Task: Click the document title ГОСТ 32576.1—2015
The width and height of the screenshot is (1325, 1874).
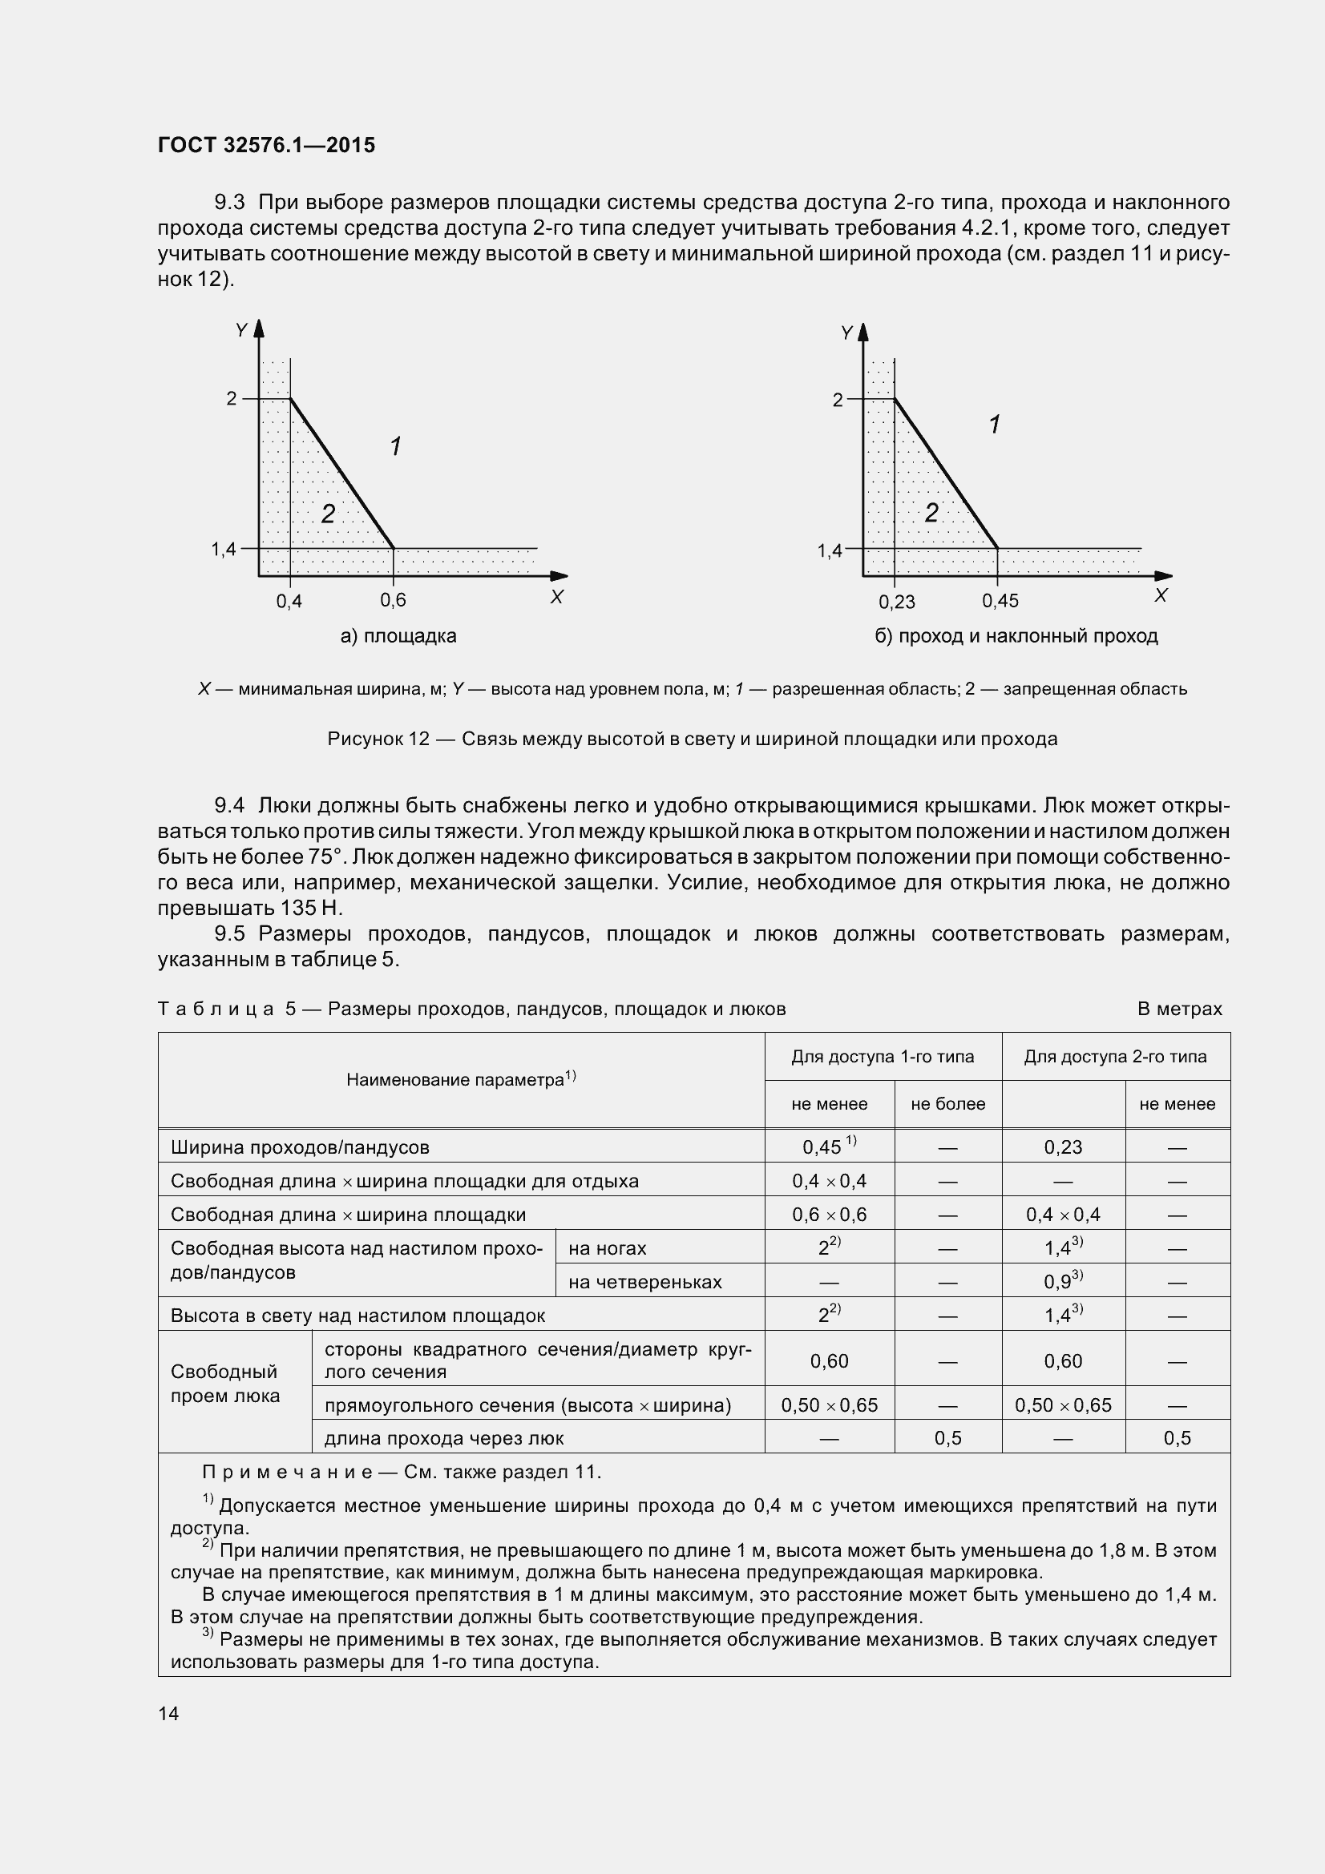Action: [266, 145]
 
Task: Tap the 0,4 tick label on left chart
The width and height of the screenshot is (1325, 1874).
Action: [289, 602]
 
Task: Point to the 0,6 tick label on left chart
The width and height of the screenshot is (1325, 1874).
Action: [393, 601]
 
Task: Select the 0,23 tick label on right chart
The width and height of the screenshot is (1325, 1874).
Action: [896, 603]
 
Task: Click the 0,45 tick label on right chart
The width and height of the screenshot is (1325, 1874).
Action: [1000, 602]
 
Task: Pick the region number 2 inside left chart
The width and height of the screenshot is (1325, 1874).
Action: [327, 514]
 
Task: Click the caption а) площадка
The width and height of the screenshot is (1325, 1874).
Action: [398, 636]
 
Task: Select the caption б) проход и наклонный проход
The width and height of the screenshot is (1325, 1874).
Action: [1016, 636]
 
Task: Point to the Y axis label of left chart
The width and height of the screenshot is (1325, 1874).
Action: [241, 331]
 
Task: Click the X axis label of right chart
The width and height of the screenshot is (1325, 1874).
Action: [1160, 596]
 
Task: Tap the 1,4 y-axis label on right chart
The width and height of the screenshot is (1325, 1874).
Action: [830, 551]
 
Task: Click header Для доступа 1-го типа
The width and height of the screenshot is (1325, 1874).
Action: [883, 1057]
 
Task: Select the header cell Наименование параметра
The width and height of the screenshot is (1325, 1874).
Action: [460, 1080]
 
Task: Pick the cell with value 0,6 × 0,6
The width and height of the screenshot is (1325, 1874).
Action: [829, 1215]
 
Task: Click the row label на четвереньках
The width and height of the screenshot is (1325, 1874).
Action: [645, 1282]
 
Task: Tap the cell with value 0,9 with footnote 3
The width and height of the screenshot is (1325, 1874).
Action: [1062, 1281]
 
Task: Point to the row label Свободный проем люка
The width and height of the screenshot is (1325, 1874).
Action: [224, 1384]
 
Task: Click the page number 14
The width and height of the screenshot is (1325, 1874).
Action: [168, 1714]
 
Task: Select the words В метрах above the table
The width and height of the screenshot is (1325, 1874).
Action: [1179, 1009]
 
